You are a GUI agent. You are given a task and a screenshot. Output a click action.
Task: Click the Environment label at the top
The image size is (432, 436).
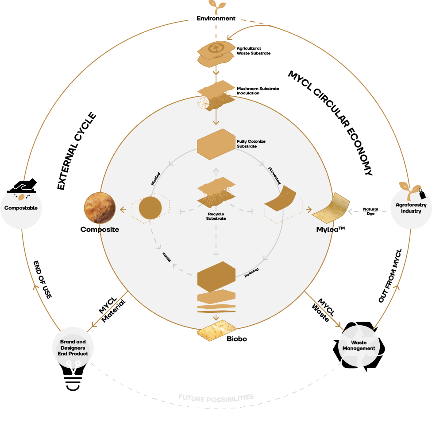coord(216,19)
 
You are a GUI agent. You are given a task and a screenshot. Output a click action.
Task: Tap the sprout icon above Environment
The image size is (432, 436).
coord(216,6)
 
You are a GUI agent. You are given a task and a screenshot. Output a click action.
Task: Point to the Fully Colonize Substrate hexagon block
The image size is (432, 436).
coord(216,144)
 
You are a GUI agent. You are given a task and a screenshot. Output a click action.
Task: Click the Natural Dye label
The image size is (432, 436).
coord(370,211)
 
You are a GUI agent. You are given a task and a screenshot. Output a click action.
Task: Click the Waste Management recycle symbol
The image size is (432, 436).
coord(359,346)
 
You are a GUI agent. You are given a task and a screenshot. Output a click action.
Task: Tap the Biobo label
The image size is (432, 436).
coord(236,339)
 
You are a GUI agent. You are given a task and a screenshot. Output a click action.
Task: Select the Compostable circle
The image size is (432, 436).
coord(21,207)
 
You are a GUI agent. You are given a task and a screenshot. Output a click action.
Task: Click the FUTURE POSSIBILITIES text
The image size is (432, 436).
coord(216,397)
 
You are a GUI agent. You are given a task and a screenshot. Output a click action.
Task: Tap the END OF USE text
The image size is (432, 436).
coord(42,279)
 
